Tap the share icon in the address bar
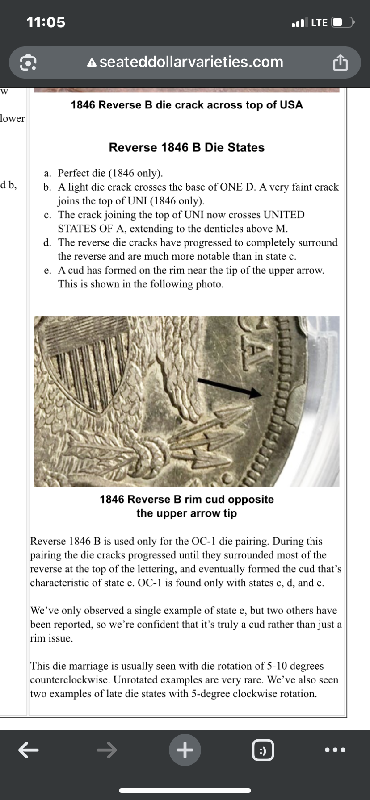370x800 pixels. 340,63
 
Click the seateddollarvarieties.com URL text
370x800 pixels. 191,62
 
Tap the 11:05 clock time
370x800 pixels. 46,22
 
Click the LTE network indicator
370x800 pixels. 319,22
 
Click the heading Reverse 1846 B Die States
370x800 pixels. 186,147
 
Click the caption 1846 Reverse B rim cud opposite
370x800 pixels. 187,499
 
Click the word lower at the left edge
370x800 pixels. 13,118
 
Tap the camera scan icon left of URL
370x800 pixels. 28,63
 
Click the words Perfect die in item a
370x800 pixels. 82,173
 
